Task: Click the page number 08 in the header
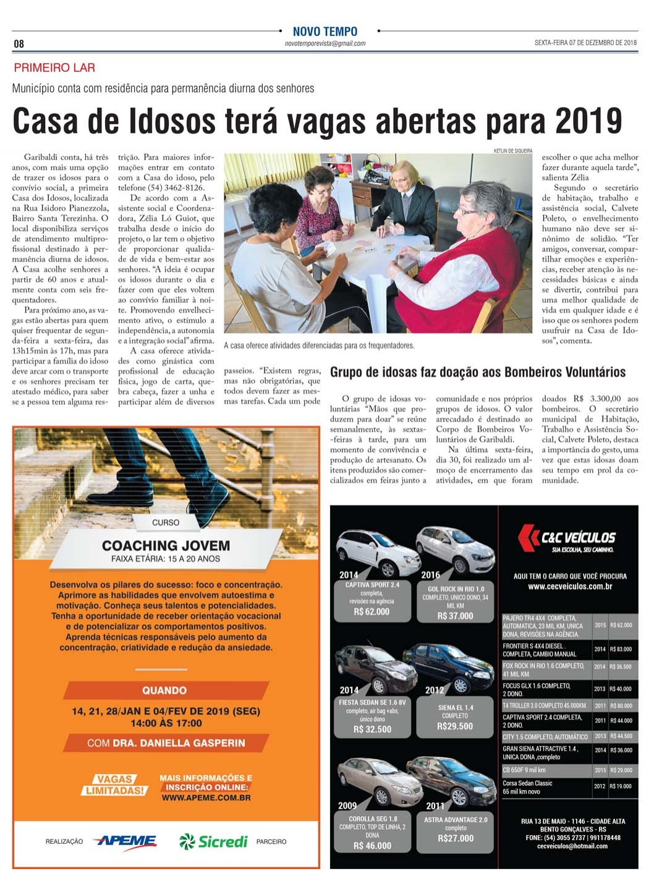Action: pyautogui.click(x=19, y=43)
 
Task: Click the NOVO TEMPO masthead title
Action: pyautogui.click(x=325, y=32)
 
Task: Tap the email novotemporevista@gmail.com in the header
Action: pyautogui.click(x=325, y=44)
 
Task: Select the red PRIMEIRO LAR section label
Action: pyautogui.click(x=54, y=68)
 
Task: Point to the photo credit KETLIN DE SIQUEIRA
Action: pyautogui.click(x=512, y=151)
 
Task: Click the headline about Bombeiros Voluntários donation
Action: pyautogui.click(x=478, y=372)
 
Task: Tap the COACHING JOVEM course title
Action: pyautogui.click(x=166, y=546)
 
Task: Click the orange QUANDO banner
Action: pyautogui.click(x=165, y=690)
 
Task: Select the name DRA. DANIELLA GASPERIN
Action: pyautogui.click(x=179, y=743)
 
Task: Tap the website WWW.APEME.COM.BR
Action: pyautogui.click(x=206, y=798)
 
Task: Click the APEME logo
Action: pyautogui.click(x=125, y=841)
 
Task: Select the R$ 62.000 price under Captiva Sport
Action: pyautogui.click(x=372, y=612)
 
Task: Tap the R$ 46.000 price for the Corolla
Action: pyautogui.click(x=373, y=846)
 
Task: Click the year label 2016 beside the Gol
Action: pyautogui.click(x=430, y=575)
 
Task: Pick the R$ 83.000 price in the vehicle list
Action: pyautogui.click(x=621, y=650)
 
